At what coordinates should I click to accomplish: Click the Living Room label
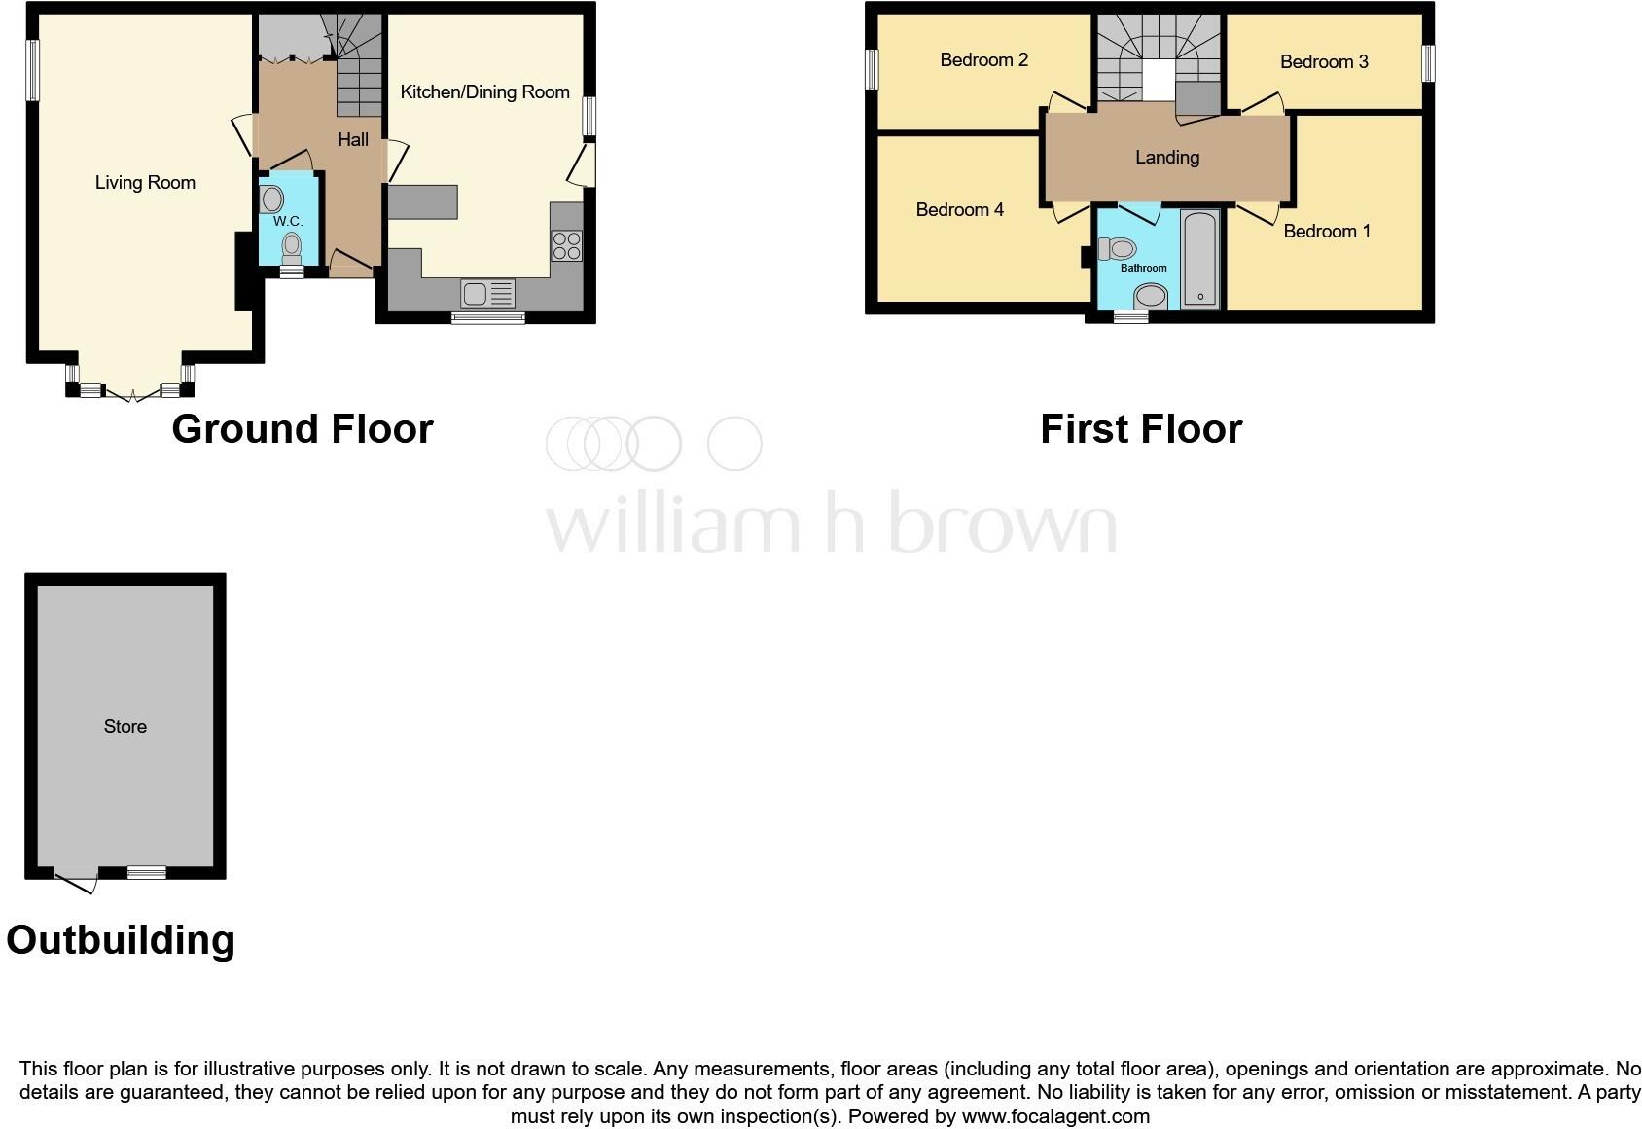tap(145, 183)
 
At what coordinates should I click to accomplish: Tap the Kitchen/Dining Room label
tap(484, 92)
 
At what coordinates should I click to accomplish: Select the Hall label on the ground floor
tap(353, 140)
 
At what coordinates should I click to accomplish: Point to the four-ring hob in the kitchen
tap(567, 245)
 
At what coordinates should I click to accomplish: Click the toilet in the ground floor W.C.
tap(291, 250)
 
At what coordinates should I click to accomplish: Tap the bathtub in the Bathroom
tap(1200, 259)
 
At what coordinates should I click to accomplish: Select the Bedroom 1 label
tap(1327, 232)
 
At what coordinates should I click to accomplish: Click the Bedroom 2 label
tap(983, 60)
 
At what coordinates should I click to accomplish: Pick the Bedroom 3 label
tap(1324, 62)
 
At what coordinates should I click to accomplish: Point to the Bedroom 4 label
tap(959, 210)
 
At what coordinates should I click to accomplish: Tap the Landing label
tap(1167, 158)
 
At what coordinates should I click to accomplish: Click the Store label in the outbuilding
tap(125, 727)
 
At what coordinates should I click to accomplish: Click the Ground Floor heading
tap(302, 429)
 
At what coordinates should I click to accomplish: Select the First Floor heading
tap(1141, 429)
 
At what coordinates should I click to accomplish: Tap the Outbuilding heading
tap(121, 940)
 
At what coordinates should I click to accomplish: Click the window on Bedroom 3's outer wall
tap(1428, 64)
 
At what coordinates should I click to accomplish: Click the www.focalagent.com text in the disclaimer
tap(1055, 1116)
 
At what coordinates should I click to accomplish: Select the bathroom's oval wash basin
tap(1151, 296)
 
